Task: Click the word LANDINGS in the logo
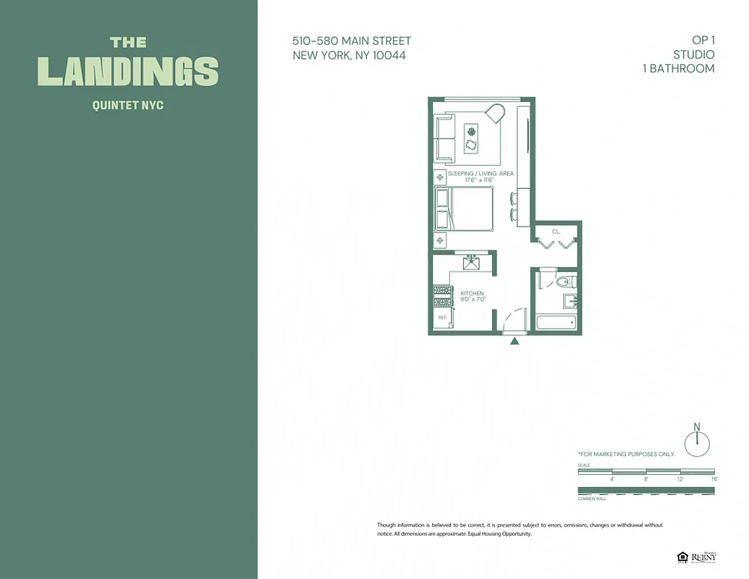click(x=128, y=71)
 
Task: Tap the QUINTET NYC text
click(x=128, y=106)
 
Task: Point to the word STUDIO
click(x=693, y=55)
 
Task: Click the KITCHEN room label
click(x=472, y=294)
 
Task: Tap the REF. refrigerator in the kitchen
click(x=441, y=317)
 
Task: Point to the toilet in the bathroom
click(x=564, y=282)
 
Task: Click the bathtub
click(x=555, y=323)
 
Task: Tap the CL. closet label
click(x=556, y=232)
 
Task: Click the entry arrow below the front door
click(x=515, y=341)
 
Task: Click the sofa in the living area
click(x=444, y=139)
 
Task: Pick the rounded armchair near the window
click(x=494, y=114)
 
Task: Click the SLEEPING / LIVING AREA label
click(x=481, y=174)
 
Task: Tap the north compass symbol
click(x=698, y=442)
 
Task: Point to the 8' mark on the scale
click(x=646, y=478)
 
